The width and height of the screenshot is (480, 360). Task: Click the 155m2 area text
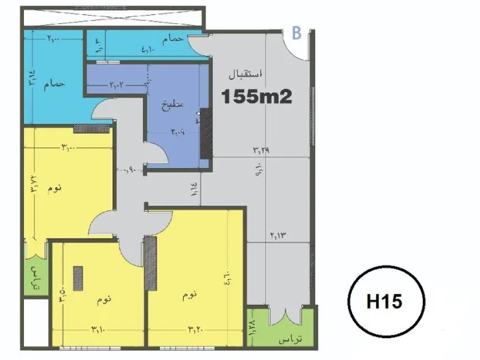coord(257,97)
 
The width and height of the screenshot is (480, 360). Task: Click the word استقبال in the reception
coord(249,72)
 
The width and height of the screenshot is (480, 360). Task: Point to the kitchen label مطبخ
coord(169,105)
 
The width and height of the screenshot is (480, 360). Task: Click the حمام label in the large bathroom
coord(55,84)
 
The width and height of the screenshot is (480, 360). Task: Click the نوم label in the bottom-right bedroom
coord(190,295)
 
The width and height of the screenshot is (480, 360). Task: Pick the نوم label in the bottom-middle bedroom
coord(105,297)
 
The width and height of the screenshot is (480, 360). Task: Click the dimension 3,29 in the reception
coord(260,151)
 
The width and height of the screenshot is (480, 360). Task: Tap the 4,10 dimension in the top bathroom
coord(149,48)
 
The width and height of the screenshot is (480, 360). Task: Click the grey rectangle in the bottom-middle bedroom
coord(78,278)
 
